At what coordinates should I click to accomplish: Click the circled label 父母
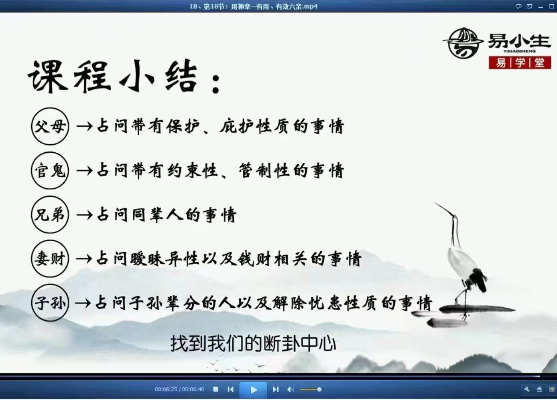(50, 126)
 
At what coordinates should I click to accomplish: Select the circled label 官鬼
(50, 170)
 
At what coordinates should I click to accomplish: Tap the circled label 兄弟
(50, 214)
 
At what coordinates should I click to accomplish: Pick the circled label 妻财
(50, 259)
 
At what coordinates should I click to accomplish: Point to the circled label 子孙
(50, 303)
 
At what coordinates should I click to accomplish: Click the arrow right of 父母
(84, 127)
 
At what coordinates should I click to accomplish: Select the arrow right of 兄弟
(84, 215)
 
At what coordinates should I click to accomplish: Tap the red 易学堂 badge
(520, 63)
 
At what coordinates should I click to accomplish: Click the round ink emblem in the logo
(463, 43)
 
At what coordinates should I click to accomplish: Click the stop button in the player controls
(216, 389)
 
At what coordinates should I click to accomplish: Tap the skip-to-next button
(275, 389)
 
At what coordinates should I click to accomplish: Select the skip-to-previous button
(230, 389)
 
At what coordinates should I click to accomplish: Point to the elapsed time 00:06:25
(166, 389)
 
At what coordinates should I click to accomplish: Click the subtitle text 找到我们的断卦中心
(253, 343)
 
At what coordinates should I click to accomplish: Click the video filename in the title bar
(253, 6)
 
